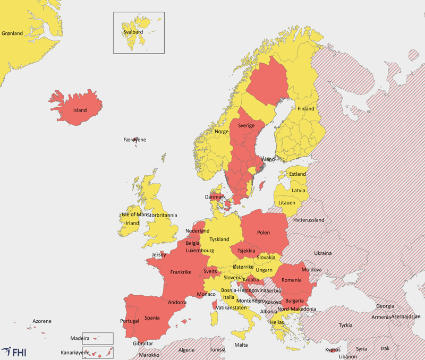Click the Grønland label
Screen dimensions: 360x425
12,33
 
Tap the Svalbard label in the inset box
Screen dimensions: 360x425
133,32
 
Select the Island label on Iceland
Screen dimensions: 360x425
80,110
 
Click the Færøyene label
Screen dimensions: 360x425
134,140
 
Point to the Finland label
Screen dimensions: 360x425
305,109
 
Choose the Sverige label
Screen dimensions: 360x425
246,126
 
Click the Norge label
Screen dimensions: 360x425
221,132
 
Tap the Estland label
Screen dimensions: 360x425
297,174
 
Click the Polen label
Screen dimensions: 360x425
263,233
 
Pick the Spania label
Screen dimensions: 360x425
152,318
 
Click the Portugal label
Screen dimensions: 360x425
130,321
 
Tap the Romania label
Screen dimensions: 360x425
291,279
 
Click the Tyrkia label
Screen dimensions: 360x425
345,325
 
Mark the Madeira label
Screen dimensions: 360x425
80,338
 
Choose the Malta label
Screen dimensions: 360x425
241,345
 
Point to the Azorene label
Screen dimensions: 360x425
42,321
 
